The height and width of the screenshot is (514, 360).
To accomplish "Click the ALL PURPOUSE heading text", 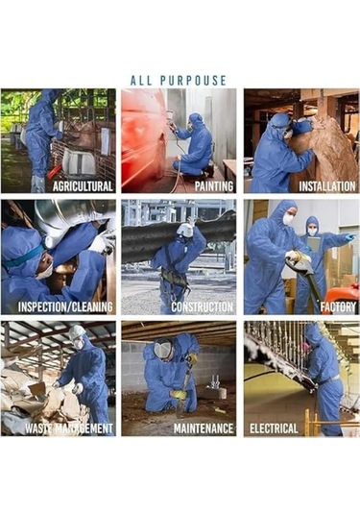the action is [179, 81].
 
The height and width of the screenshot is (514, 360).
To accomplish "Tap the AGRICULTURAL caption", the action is [83, 186].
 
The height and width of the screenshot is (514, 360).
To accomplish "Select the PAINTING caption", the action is [214, 186].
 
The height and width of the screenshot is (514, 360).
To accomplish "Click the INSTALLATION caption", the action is [327, 186].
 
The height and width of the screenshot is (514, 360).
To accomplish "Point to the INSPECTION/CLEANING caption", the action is [65, 307].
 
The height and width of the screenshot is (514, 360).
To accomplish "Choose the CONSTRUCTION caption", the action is [203, 307].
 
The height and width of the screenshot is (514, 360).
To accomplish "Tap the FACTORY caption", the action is [338, 307].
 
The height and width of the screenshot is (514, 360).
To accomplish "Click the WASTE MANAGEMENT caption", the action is [69, 428].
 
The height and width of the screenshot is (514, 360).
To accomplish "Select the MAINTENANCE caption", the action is [204, 428].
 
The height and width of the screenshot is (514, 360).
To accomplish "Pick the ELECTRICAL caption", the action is [274, 428].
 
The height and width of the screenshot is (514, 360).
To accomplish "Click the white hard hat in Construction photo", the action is [185, 230].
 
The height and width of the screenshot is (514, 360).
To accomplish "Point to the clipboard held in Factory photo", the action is [314, 244].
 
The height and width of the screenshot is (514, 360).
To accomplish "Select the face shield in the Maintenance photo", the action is [163, 350].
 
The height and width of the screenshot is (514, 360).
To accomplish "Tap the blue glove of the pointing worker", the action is [349, 236].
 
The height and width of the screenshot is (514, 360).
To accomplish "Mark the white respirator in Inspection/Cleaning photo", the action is [45, 272].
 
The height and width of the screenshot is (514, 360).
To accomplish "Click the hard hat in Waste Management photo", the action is [77, 331].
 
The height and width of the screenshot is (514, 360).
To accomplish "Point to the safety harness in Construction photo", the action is [174, 274].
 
